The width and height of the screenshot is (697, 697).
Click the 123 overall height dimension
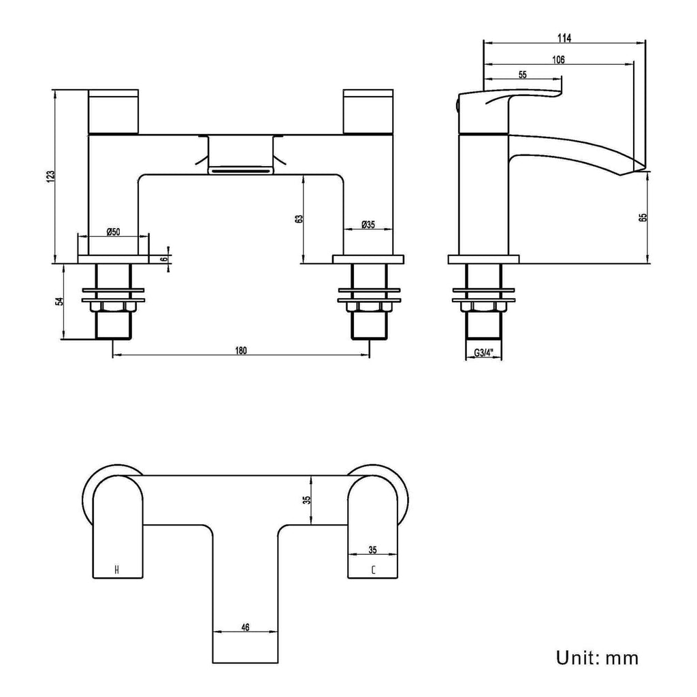(52, 176)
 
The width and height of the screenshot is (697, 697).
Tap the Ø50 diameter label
(114, 231)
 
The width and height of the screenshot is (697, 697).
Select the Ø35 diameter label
(368, 225)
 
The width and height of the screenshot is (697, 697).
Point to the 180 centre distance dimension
(240, 351)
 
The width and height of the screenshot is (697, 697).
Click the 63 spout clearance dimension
(299, 218)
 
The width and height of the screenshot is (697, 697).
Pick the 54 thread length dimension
(60, 301)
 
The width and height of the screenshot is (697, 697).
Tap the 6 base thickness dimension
(164, 259)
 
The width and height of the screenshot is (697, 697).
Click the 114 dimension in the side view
(564, 38)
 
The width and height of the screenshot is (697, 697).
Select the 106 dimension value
(558, 60)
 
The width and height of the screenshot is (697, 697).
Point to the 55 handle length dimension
(522, 75)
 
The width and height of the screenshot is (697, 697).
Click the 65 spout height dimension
(643, 217)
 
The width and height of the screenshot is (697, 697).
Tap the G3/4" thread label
(484, 353)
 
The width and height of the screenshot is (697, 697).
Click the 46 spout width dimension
(245, 627)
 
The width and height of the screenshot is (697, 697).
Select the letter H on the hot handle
(117, 570)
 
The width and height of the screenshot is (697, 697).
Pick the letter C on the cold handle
(373, 570)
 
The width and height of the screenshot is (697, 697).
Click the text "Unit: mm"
(597, 658)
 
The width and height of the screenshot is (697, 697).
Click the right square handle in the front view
(368, 112)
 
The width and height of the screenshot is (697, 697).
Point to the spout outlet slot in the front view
(240, 171)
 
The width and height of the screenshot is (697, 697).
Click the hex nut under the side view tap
(483, 307)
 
